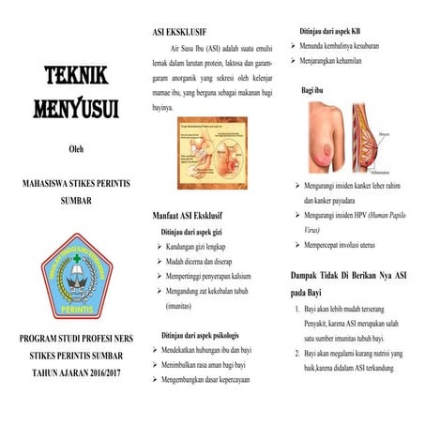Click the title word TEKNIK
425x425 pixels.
(78, 76)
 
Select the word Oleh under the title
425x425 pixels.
(77, 147)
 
